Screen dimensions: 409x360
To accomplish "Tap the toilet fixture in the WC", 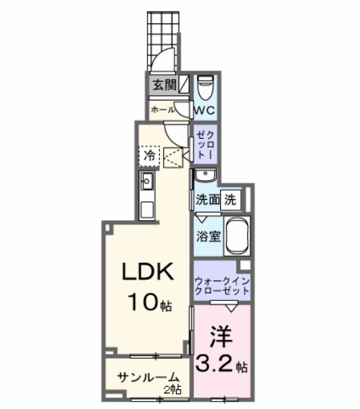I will [206, 88].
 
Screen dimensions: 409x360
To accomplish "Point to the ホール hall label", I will [163, 109].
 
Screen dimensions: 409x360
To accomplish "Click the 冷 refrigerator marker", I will [149, 156].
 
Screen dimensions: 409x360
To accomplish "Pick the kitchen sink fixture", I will [147, 181].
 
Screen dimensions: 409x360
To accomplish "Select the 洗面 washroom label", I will [206, 200].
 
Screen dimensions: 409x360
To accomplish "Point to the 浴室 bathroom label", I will [207, 236].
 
